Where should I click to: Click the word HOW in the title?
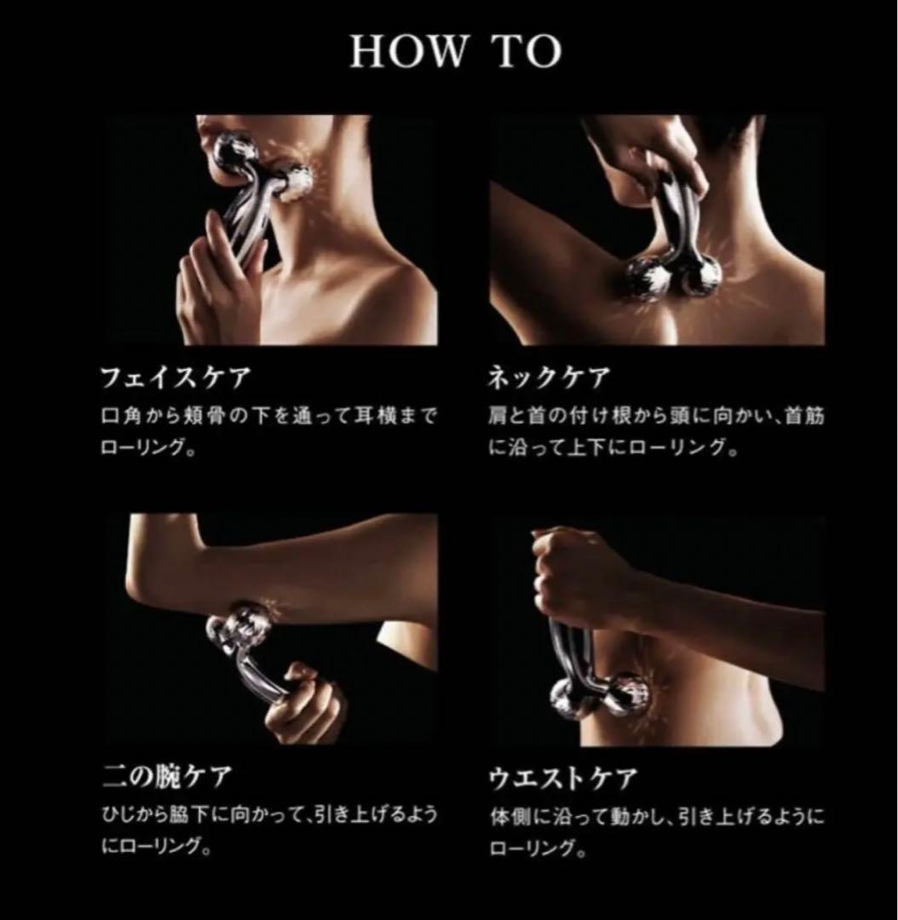(408, 51)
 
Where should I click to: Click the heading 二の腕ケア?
(167, 777)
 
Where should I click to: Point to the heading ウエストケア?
(563, 778)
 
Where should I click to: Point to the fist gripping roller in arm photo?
(304, 702)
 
